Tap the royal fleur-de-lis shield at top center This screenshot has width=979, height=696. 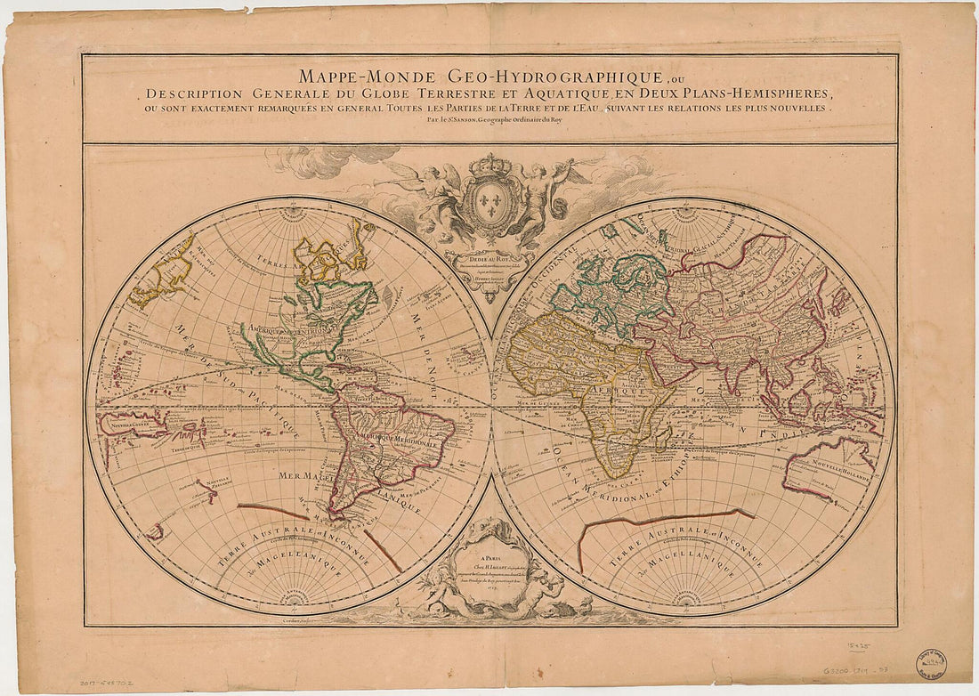pyautogui.click(x=489, y=197)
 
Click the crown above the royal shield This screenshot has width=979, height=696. pyautogui.click(x=489, y=165)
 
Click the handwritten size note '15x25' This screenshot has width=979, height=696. pyautogui.click(x=858, y=640)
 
